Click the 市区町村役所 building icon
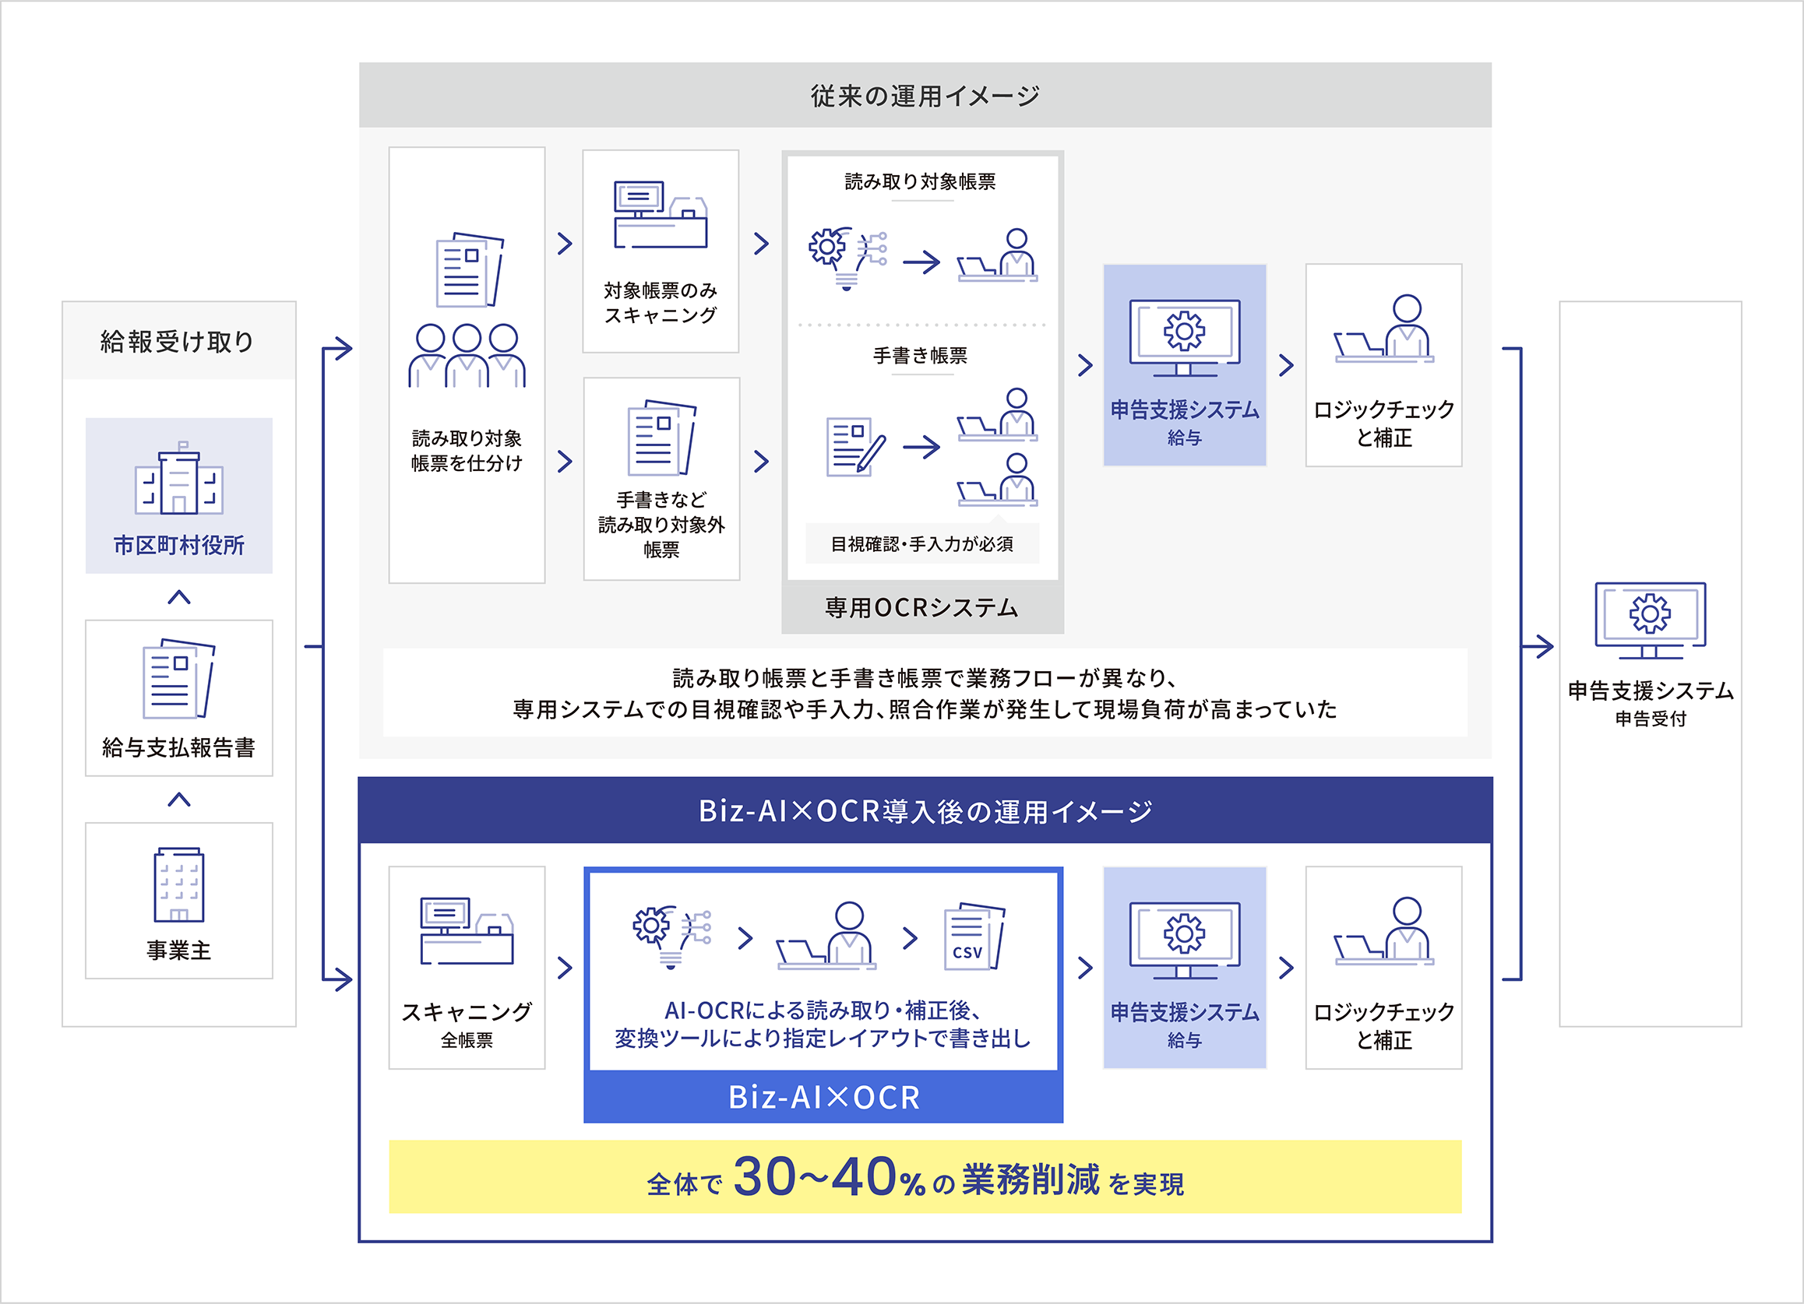click(x=179, y=479)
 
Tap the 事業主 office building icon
click(x=179, y=884)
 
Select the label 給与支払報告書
click(x=179, y=747)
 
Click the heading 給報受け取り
click(x=178, y=342)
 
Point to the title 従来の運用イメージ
click(x=925, y=97)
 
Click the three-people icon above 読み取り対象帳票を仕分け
click(x=467, y=356)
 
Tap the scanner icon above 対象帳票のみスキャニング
click(x=661, y=216)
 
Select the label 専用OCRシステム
click(x=922, y=608)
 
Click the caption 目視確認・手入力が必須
click(x=922, y=545)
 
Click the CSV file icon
click(x=974, y=937)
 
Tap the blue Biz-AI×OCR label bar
click(x=823, y=1097)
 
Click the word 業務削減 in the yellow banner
click(x=1031, y=1180)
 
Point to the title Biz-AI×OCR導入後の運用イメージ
click(x=925, y=812)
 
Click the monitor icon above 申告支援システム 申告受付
click(x=1650, y=620)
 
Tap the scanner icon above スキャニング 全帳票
click(x=467, y=931)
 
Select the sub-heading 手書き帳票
click(x=920, y=356)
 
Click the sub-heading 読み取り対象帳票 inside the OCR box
click(x=920, y=182)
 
